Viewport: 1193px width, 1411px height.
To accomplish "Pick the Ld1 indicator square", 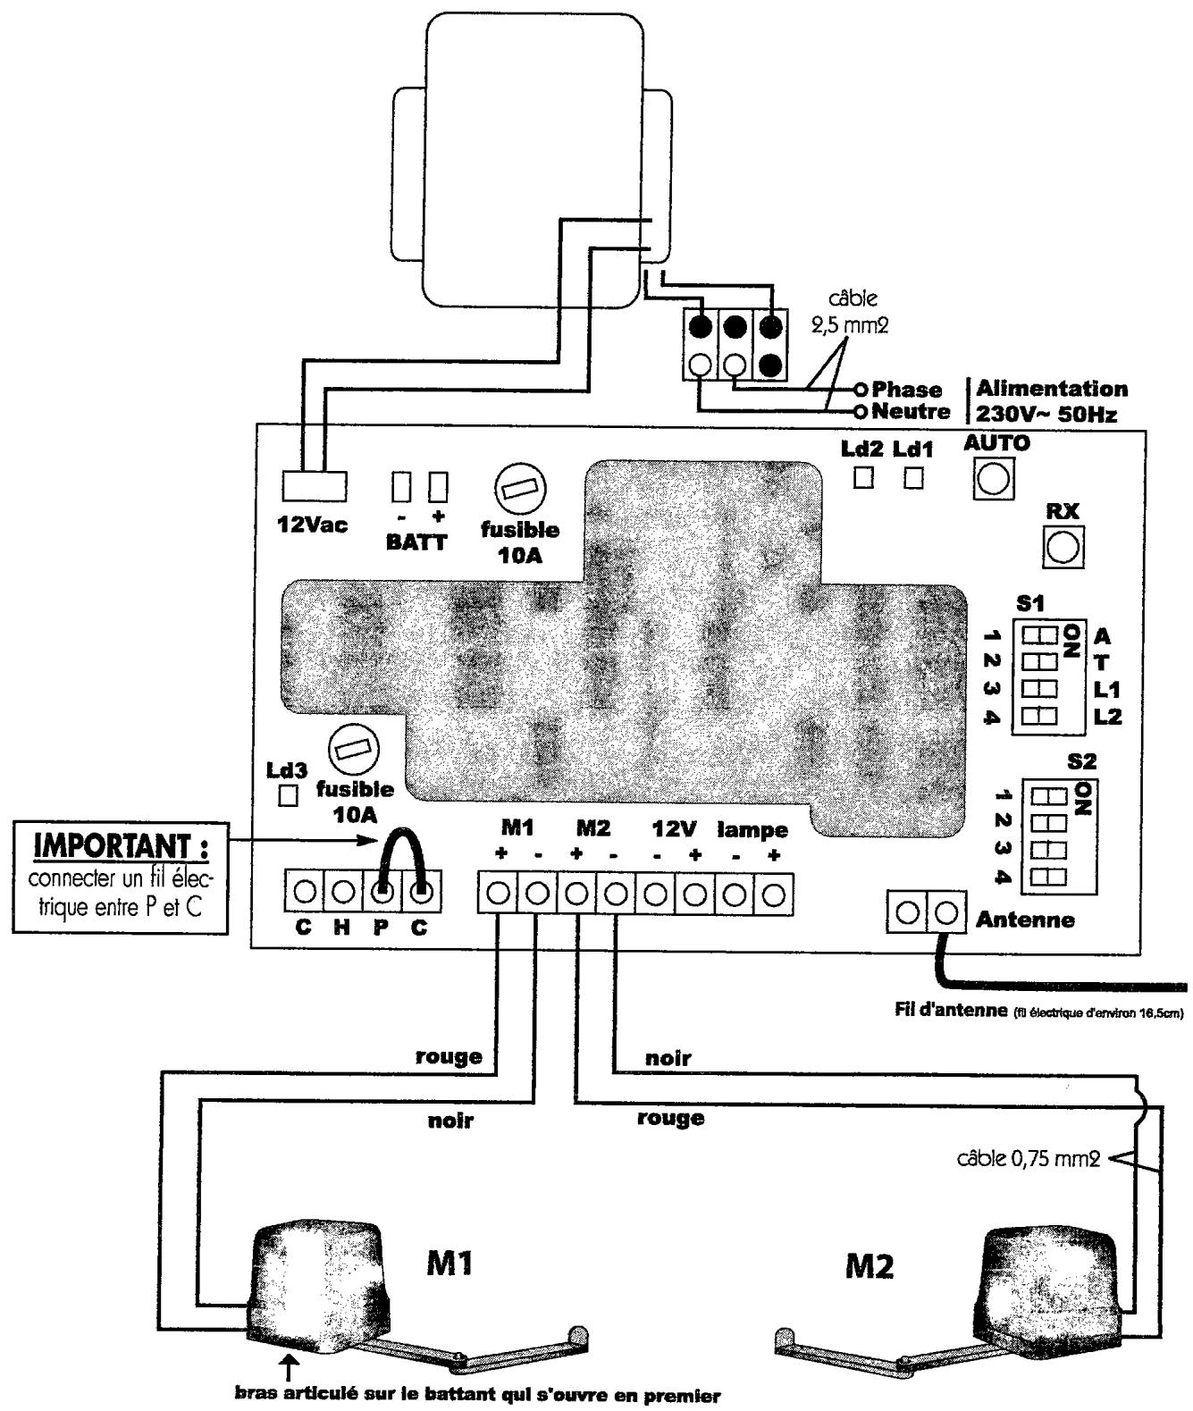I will tap(912, 478).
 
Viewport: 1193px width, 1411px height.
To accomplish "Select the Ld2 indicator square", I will tap(863, 478).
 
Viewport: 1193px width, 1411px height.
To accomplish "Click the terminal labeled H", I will tap(342, 892).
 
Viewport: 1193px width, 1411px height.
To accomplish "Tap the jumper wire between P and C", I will tap(402, 849).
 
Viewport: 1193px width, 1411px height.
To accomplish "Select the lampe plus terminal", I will tap(775, 892).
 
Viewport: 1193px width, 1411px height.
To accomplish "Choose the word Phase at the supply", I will tap(906, 390).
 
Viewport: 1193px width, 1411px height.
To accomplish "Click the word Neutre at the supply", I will tap(911, 412).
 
